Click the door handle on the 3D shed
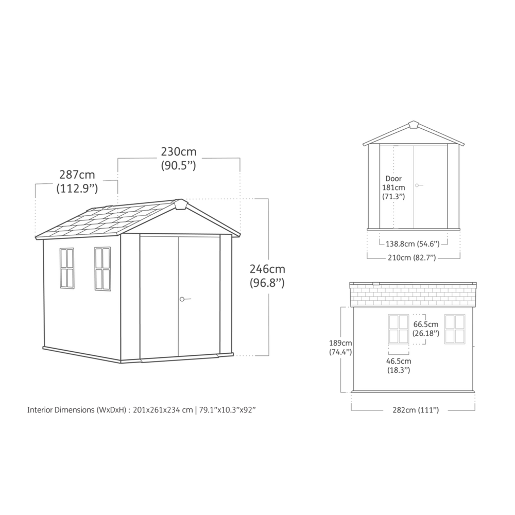(x=184, y=298)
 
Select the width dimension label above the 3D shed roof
(x=178, y=159)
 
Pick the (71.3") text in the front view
(x=393, y=196)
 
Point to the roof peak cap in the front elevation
(x=414, y=125)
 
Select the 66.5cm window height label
(x=426, y=324)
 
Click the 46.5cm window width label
(x=399, y=361)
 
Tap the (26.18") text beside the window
(x=426, y=333)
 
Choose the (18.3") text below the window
(x=399, y=370)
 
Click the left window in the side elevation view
(x=398, y=329)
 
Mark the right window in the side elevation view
(x=455, y=329)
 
